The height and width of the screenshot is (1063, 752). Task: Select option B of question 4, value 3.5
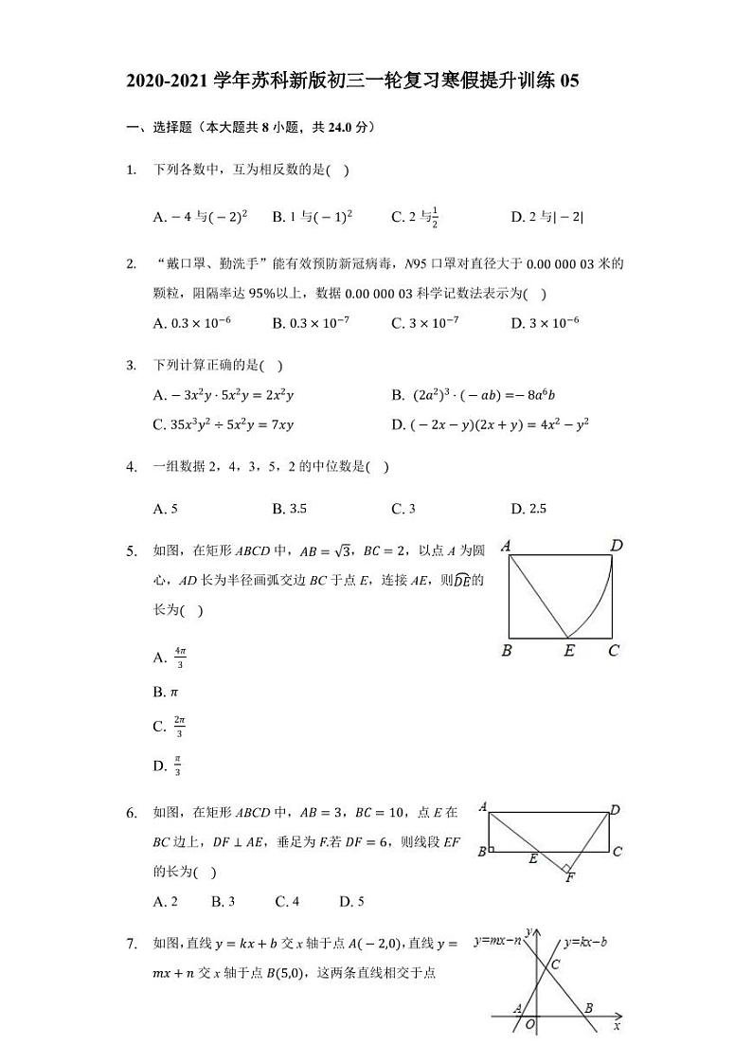coord(289,509)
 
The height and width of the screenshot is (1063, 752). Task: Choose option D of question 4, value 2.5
coord(528,509)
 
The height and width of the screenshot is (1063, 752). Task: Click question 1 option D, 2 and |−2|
coord(547,217)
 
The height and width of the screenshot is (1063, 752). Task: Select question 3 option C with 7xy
coord(224,424)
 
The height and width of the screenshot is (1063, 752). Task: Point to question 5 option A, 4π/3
coord(170,657)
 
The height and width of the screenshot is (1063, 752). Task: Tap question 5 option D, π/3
coord(170,766)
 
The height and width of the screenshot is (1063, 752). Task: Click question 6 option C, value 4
coord(287,901)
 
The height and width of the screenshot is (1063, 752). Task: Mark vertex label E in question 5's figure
coord(568,651)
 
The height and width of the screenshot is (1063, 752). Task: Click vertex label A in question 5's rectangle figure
coord(507,546)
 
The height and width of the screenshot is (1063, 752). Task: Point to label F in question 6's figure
coord(570,878)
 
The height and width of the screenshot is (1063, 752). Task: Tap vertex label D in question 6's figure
coord(616,810)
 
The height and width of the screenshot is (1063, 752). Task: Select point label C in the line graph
coord(555,964)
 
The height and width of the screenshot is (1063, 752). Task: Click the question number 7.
coord(132,943)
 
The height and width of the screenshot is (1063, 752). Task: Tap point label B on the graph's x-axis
coord(589,1008)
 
